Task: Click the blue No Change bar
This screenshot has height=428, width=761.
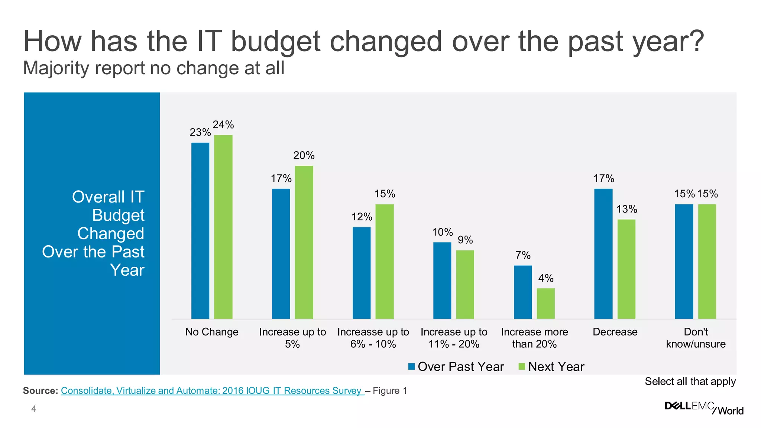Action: pos(200,230)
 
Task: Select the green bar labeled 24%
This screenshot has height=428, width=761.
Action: pos(223,227)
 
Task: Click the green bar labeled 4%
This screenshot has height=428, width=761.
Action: pos(546,303)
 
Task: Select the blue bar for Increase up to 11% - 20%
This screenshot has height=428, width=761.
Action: pos(442,281)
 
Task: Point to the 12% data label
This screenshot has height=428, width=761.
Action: pos(362,217)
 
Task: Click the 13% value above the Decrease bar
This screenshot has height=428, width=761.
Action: pos(626,210)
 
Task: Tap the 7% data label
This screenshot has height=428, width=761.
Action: pos(523,255)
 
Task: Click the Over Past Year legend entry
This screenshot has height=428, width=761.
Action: pos(456,367)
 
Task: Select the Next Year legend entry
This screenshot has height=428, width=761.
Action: pos(551,367)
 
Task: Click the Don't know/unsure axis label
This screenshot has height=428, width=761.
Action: pos(696,338)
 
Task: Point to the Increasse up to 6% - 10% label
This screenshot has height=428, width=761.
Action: pos(373,338)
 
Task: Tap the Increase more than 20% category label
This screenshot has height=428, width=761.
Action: pos(534,338)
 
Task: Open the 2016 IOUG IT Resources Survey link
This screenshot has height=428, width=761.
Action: pos(212,391)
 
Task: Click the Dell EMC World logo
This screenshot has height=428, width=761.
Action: pos(704,408)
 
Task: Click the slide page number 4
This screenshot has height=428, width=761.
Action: pos(34,409)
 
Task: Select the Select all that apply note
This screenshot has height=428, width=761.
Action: pos(690,382)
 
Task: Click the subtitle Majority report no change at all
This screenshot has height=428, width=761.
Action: pos(153,68)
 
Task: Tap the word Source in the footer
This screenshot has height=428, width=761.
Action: pos(40,391)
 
